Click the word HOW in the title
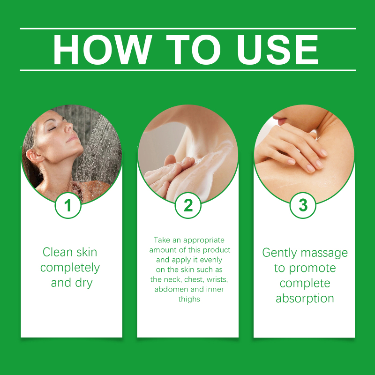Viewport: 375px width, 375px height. click(x=102, y=50)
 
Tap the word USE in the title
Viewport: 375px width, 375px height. click(x=277, y=50)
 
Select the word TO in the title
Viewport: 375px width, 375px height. click(x=193, y=50)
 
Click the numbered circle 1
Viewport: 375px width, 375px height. click(x=68, y=205)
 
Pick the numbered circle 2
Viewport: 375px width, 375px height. click(x=188, y=205)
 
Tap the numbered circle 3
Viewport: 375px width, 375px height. click(x=303, y=205)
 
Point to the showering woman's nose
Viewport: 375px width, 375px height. click(x=69, y=126)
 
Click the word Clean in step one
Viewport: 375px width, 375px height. click(x=57, y=252)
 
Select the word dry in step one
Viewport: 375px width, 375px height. click(x=84, y=284)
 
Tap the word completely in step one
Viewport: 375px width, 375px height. click(x=70, y=268)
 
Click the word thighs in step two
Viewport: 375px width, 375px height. click(x=189, y=300)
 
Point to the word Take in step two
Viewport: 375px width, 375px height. click(x=162, y=240)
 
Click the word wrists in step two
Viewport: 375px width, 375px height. click(x=217, y=279)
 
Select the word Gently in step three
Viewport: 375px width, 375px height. click(x=279, y=253)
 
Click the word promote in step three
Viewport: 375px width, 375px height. click(x=312, y=269)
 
